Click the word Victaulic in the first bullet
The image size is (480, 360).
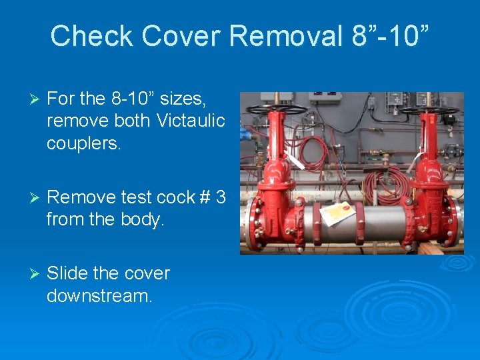point(191,120)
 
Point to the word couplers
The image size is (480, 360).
point(83,143)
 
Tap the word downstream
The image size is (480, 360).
point(99,295)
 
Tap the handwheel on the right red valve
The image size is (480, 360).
point(431,108)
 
